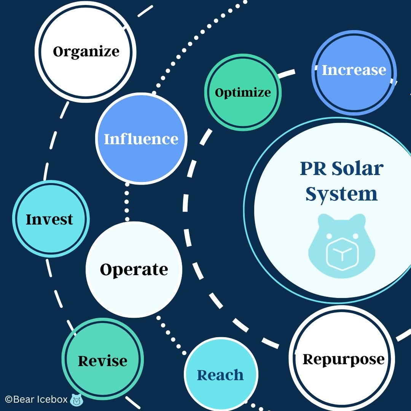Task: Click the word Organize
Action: (86, 52)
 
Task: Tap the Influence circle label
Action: (141, 139)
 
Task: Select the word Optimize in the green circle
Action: (243, 92)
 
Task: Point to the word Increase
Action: (354, 70)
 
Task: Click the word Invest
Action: (49, 220)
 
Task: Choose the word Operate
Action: (134, 269)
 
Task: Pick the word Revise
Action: (102, 361)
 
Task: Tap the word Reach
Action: (220, 375)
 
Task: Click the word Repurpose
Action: (343, 359)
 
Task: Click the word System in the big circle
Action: (341, 194)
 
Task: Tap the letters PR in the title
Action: (313, 169)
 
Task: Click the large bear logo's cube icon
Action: (341, 254)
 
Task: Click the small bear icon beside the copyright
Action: (77, 400)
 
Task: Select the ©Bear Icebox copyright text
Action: (36, 400)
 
